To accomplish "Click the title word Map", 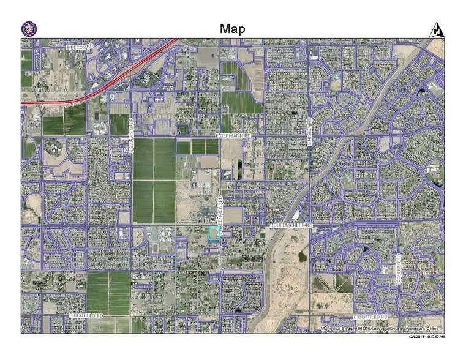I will point(233,29).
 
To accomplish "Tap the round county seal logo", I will point(28,28).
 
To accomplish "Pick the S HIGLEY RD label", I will point(310,131).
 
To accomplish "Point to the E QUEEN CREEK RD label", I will point(291,226).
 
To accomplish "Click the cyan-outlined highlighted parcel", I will point(214,234).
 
